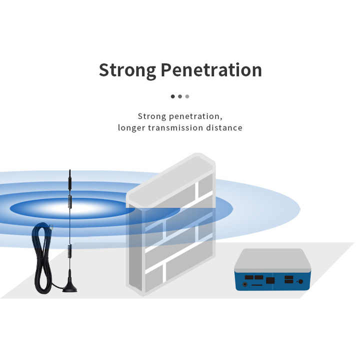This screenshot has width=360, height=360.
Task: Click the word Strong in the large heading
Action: pyautogui.click(x=127, y=70)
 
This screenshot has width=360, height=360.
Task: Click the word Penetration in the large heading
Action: pyautogui.click(x=211, y=69)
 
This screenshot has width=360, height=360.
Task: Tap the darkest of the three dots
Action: pyautogui.click(x=172, y=96)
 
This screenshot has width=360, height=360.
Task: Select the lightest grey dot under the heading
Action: pyautogui.click(x=187, y=96)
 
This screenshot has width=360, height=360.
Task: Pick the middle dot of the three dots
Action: pyautogui.click(x=180, y=96)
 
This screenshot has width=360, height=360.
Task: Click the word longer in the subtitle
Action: pyautogui.click(x=131, y=128)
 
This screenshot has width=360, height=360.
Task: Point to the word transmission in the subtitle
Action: pyautogui.click(x=175, y=127)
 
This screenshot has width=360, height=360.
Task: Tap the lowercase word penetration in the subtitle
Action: pyautogui.click(x=195, y=116)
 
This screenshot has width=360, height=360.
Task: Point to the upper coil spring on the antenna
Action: pyautogui.click(x=70, y=202)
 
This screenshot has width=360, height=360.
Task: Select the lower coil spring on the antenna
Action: pyautogui.click(x=69, y=251)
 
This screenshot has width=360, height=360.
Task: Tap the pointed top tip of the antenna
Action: pyautogui.click(x=70, y=170)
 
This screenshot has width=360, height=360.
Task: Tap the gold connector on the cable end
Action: pyautogui.click(x=51, y=227)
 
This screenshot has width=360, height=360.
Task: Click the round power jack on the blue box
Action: pyautogui.click(x=300, y=281)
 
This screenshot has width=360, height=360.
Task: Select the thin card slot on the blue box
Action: pyautogui.click(x=257, y=285)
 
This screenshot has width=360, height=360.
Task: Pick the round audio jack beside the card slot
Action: pyautogui.click(x=245, y=284)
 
